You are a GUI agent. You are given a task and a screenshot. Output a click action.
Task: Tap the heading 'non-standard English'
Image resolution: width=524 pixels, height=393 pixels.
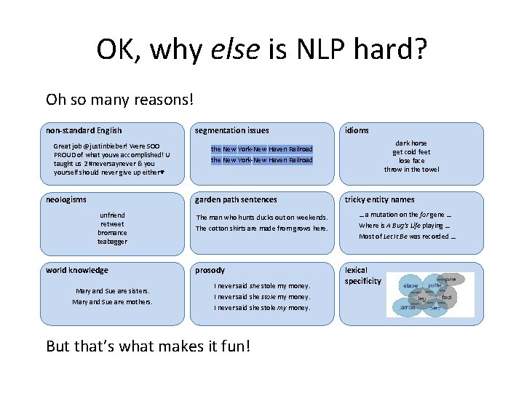click(x=84, y=130)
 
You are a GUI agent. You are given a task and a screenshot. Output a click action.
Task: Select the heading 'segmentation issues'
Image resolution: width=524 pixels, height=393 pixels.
click(x=231, y=130)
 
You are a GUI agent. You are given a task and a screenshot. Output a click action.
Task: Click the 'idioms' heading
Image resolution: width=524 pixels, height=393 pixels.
click(x=357, y=130)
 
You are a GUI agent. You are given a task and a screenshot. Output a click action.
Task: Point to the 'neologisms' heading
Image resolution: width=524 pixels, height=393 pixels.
click(x=66, y=199)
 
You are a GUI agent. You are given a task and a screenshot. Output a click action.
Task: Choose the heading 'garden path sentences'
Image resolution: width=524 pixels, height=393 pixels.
click(x=235, y=199)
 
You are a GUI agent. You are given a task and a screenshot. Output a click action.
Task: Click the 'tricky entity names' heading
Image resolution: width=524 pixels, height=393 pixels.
click(x=379, y=199)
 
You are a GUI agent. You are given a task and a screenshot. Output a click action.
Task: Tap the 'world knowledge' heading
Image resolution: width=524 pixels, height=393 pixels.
click(x=77, y=270)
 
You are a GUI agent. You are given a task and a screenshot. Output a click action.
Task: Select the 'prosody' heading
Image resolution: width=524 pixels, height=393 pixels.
click(x=210, y=270)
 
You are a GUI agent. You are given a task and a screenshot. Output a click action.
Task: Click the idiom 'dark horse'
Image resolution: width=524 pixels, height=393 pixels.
click(x=411, y=143)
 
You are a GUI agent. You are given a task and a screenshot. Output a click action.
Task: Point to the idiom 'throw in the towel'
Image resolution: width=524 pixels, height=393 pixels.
click(x=411, y=170)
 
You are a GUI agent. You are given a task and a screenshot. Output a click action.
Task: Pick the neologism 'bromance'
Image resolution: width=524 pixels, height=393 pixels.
click(x=112, y=233)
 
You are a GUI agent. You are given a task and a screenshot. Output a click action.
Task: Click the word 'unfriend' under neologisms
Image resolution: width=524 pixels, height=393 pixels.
click(x=112, y=215)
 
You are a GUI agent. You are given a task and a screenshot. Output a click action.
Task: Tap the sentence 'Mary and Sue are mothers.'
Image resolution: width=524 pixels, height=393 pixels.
click(x=112, y=301)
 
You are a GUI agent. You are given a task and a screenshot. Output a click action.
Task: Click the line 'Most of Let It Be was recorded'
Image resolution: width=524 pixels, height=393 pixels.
click(x=408, y=236)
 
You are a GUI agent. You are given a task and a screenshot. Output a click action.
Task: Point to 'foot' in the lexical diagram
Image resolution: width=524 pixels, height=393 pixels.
click(x=447, y=297)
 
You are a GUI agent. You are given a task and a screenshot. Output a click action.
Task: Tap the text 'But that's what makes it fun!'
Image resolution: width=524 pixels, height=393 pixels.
click(x=148, y=346)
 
